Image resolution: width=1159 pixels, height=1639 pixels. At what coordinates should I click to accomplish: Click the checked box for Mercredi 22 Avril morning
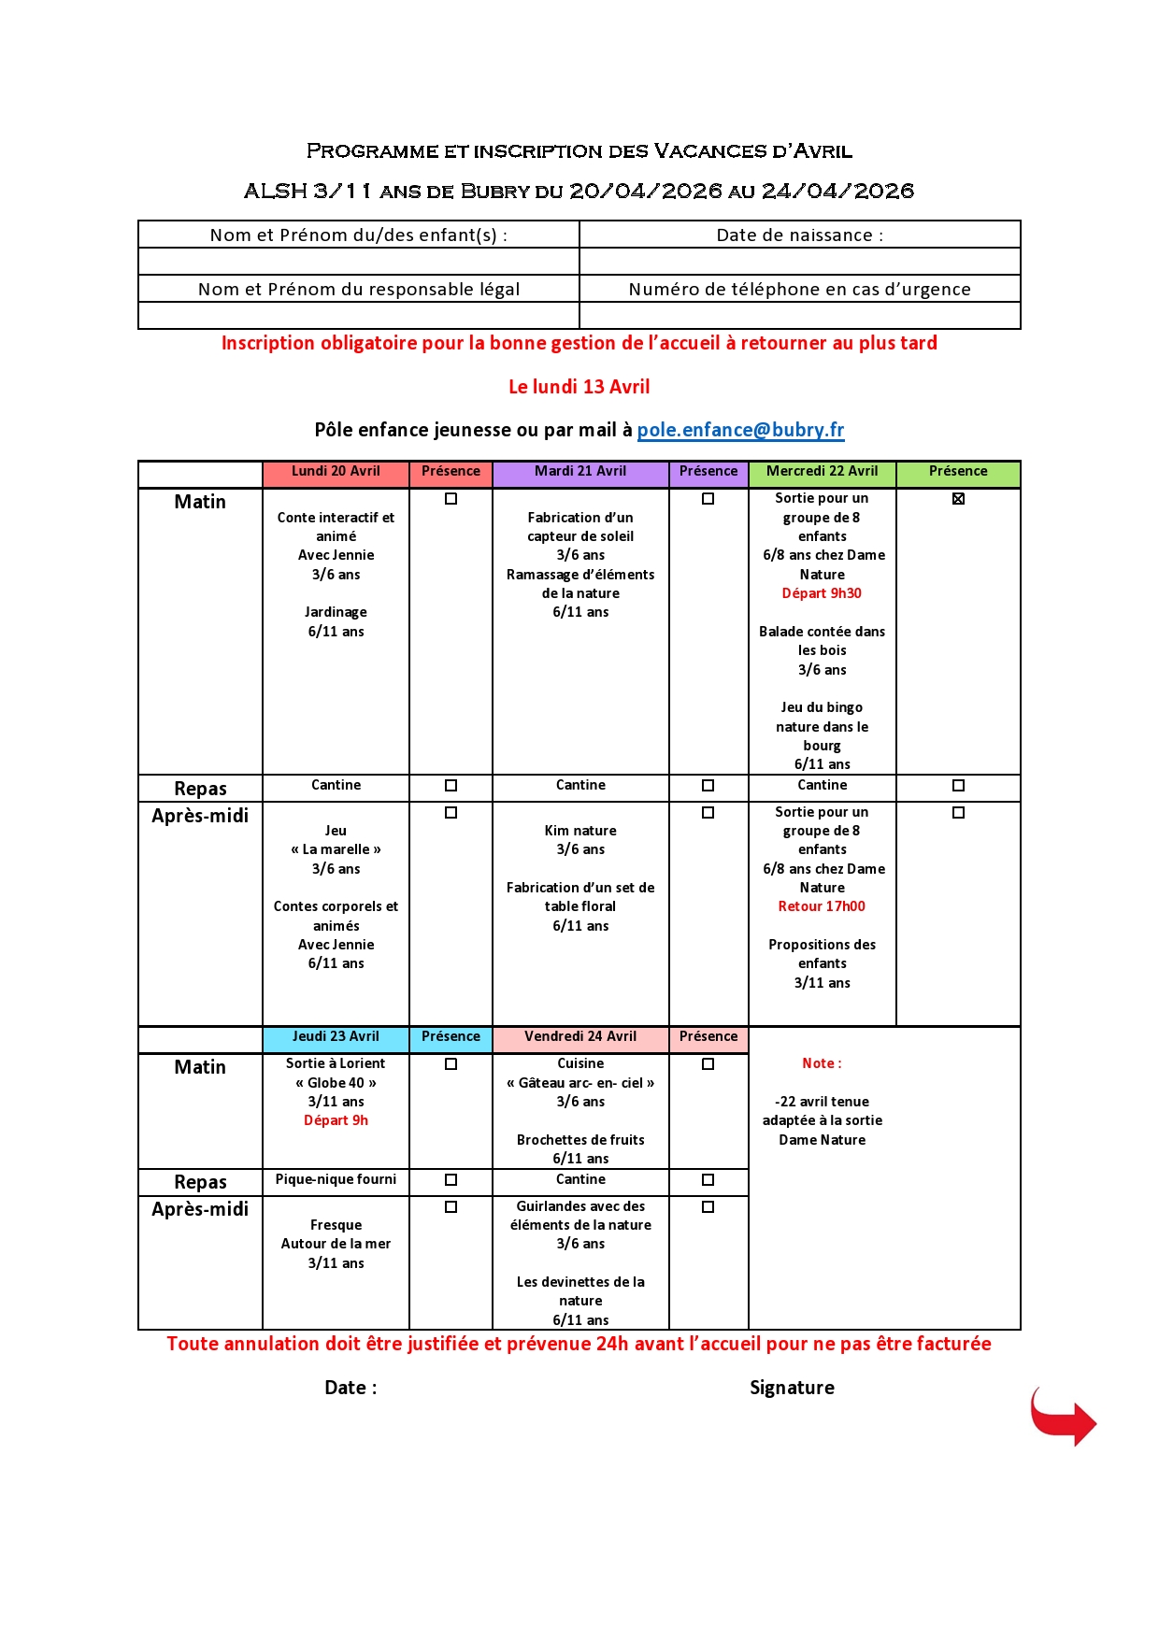coord(958,499)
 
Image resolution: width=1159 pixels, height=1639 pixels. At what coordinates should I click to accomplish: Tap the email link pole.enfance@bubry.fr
coord(740,430)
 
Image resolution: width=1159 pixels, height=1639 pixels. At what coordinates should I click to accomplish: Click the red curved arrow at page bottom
coord(1063,1417)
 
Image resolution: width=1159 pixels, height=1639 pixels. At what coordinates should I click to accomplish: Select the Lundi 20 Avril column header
coord(336,472)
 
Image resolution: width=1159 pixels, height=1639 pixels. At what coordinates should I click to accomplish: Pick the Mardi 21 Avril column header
coord(580,472)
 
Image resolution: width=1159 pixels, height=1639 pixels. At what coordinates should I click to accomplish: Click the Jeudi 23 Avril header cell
coord(336,1037)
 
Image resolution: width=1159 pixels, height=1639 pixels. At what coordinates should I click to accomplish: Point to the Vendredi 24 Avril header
coord(580,1037)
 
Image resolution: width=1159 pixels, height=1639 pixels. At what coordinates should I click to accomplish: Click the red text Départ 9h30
coord(822,593)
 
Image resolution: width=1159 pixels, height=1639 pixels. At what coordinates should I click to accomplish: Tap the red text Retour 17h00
coord(822,906)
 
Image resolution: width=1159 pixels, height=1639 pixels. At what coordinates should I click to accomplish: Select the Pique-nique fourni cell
coord(336,1180)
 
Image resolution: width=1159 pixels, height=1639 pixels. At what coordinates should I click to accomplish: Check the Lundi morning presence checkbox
coord(451,499)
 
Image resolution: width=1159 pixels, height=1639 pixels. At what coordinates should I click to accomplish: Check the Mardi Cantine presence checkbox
coord(708,786)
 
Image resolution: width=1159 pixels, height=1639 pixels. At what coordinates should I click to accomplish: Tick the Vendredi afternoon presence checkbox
coord(708,1207)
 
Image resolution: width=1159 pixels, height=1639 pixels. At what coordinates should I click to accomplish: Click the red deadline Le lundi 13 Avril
coord(579,387)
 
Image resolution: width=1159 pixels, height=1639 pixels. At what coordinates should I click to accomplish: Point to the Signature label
coord(792,1388)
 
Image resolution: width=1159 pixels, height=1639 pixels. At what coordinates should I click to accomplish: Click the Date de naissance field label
coord(799,235)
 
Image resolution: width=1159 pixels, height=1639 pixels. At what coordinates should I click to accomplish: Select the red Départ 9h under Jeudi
coord(336,1120)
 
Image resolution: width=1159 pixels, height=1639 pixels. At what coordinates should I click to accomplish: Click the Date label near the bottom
coord(351,1388)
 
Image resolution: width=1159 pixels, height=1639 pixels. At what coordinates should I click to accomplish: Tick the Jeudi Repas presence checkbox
coord(451,1180)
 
